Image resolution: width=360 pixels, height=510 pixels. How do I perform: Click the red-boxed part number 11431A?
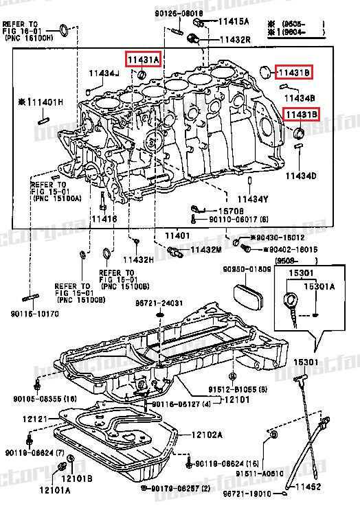click(x=142, y=60)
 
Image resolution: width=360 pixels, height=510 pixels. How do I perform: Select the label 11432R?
click(x=234, y=40)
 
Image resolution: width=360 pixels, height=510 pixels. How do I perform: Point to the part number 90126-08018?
click(x=179, y=13)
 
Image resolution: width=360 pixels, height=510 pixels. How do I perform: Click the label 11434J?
click(x=103, y=73)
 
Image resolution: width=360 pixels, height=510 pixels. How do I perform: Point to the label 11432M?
click(x=206, y=249)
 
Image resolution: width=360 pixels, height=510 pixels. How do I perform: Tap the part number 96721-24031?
click(x=159, y=303)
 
